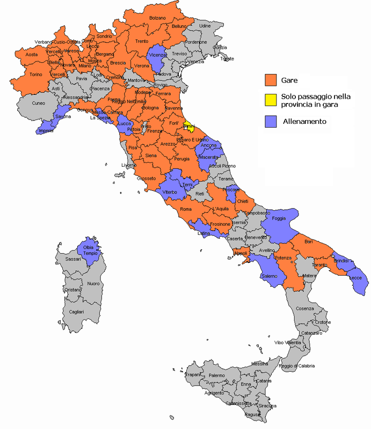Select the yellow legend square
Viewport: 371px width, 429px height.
click(271, 100)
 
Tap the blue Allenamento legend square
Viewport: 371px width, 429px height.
click(271, 122)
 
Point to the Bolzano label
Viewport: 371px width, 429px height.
click(157, 18)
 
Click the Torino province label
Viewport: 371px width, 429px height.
click(36, 75)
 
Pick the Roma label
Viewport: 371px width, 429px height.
click(186, 209)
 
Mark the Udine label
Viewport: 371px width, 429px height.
click(205, 26)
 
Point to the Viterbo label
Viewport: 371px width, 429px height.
click(170, 191)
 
